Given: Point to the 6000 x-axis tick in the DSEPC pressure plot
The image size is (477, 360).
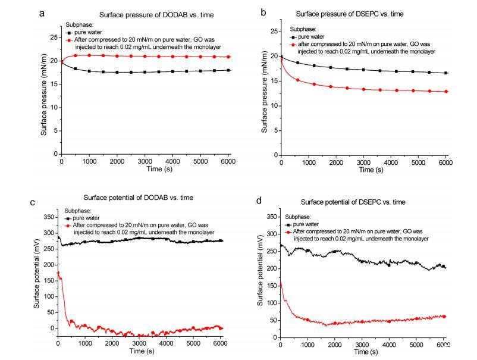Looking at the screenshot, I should pos(445,162).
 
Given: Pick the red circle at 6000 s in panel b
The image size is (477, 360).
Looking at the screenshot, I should pos(445,92).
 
